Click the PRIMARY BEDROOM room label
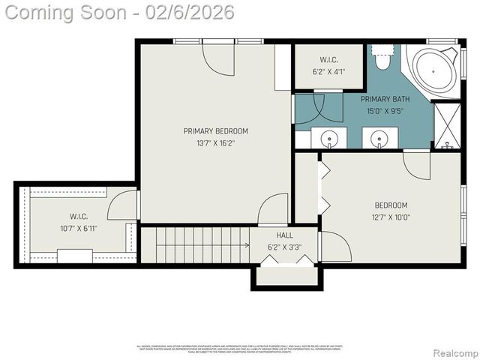(x=215, y=131)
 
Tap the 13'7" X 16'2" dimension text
(x=215, y=143)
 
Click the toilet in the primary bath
(x=383, y=58)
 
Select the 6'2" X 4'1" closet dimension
(x=328, y=73)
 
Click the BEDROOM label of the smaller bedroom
(x=391, y=205)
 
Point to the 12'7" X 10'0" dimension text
(x=391, y=217)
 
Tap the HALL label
(x=284, y=235)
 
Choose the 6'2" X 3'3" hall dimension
(x=284, y=246)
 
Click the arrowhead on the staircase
(x=247, y=244)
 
